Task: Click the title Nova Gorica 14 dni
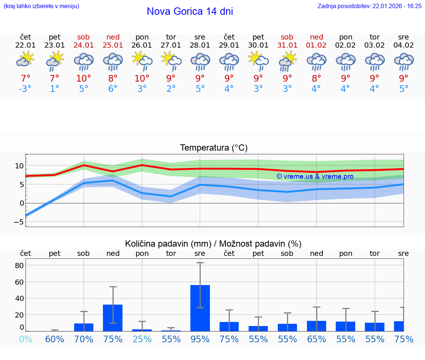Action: (x=190, y=11)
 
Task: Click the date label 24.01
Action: (x=84, y=45)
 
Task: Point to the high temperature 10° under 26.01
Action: (x=142, y=78)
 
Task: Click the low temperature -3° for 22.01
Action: (x=25, y=89)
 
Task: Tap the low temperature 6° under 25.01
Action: (x=113, y=89)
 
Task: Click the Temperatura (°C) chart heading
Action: (x=214, y=148)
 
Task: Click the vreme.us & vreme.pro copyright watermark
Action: (x=315, y=176)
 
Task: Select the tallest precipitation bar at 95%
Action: (x=200, y=308)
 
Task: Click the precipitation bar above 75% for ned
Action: (x=113, y=318)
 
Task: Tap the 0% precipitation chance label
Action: (x=25, y=339)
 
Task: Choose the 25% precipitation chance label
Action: (x=142, y=339)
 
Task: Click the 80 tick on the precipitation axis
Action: (x=19, y=265)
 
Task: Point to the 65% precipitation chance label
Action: (x=317, y=339)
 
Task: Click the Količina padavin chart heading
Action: (x=213, y=244)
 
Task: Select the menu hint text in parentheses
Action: (x=41, y=6)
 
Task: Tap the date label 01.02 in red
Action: (x=316, y=45)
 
